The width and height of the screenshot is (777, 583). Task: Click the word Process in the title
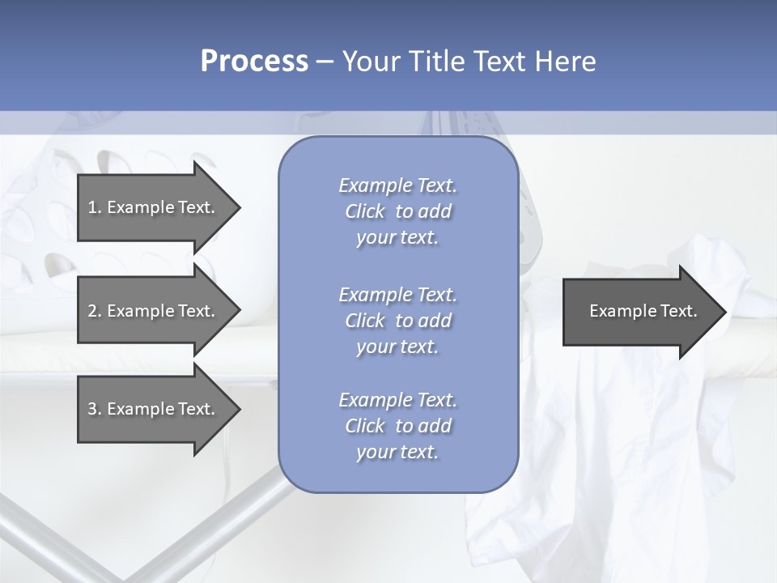pyautogui.click(x=254, y=62)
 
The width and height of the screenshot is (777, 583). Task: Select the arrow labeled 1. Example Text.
pyautogui.click(x=154, y=207)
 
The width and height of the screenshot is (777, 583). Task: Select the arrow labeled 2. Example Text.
pyautogui.click(x=154, y=311)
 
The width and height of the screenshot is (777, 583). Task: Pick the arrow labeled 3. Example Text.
pyautogui.click(x=154, y=409)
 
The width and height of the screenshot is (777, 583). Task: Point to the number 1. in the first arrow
pyautogui.click(x=95, y=207)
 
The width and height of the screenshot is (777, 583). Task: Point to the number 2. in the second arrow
pyautogui.click(x=95, y=311)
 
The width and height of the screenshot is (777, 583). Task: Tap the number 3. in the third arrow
pyautogui.click(x=95, y=409)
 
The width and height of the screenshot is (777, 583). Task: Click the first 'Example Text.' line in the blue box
pyautogui.click(x=397, y=185)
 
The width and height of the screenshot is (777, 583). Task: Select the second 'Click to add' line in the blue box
pyautogui.click(x=397, y=321)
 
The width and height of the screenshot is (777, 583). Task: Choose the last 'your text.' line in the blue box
pyautogui.click(x=397, y=452)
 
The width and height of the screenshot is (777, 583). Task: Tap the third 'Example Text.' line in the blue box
pyautogui.click(x=397, y=400)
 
